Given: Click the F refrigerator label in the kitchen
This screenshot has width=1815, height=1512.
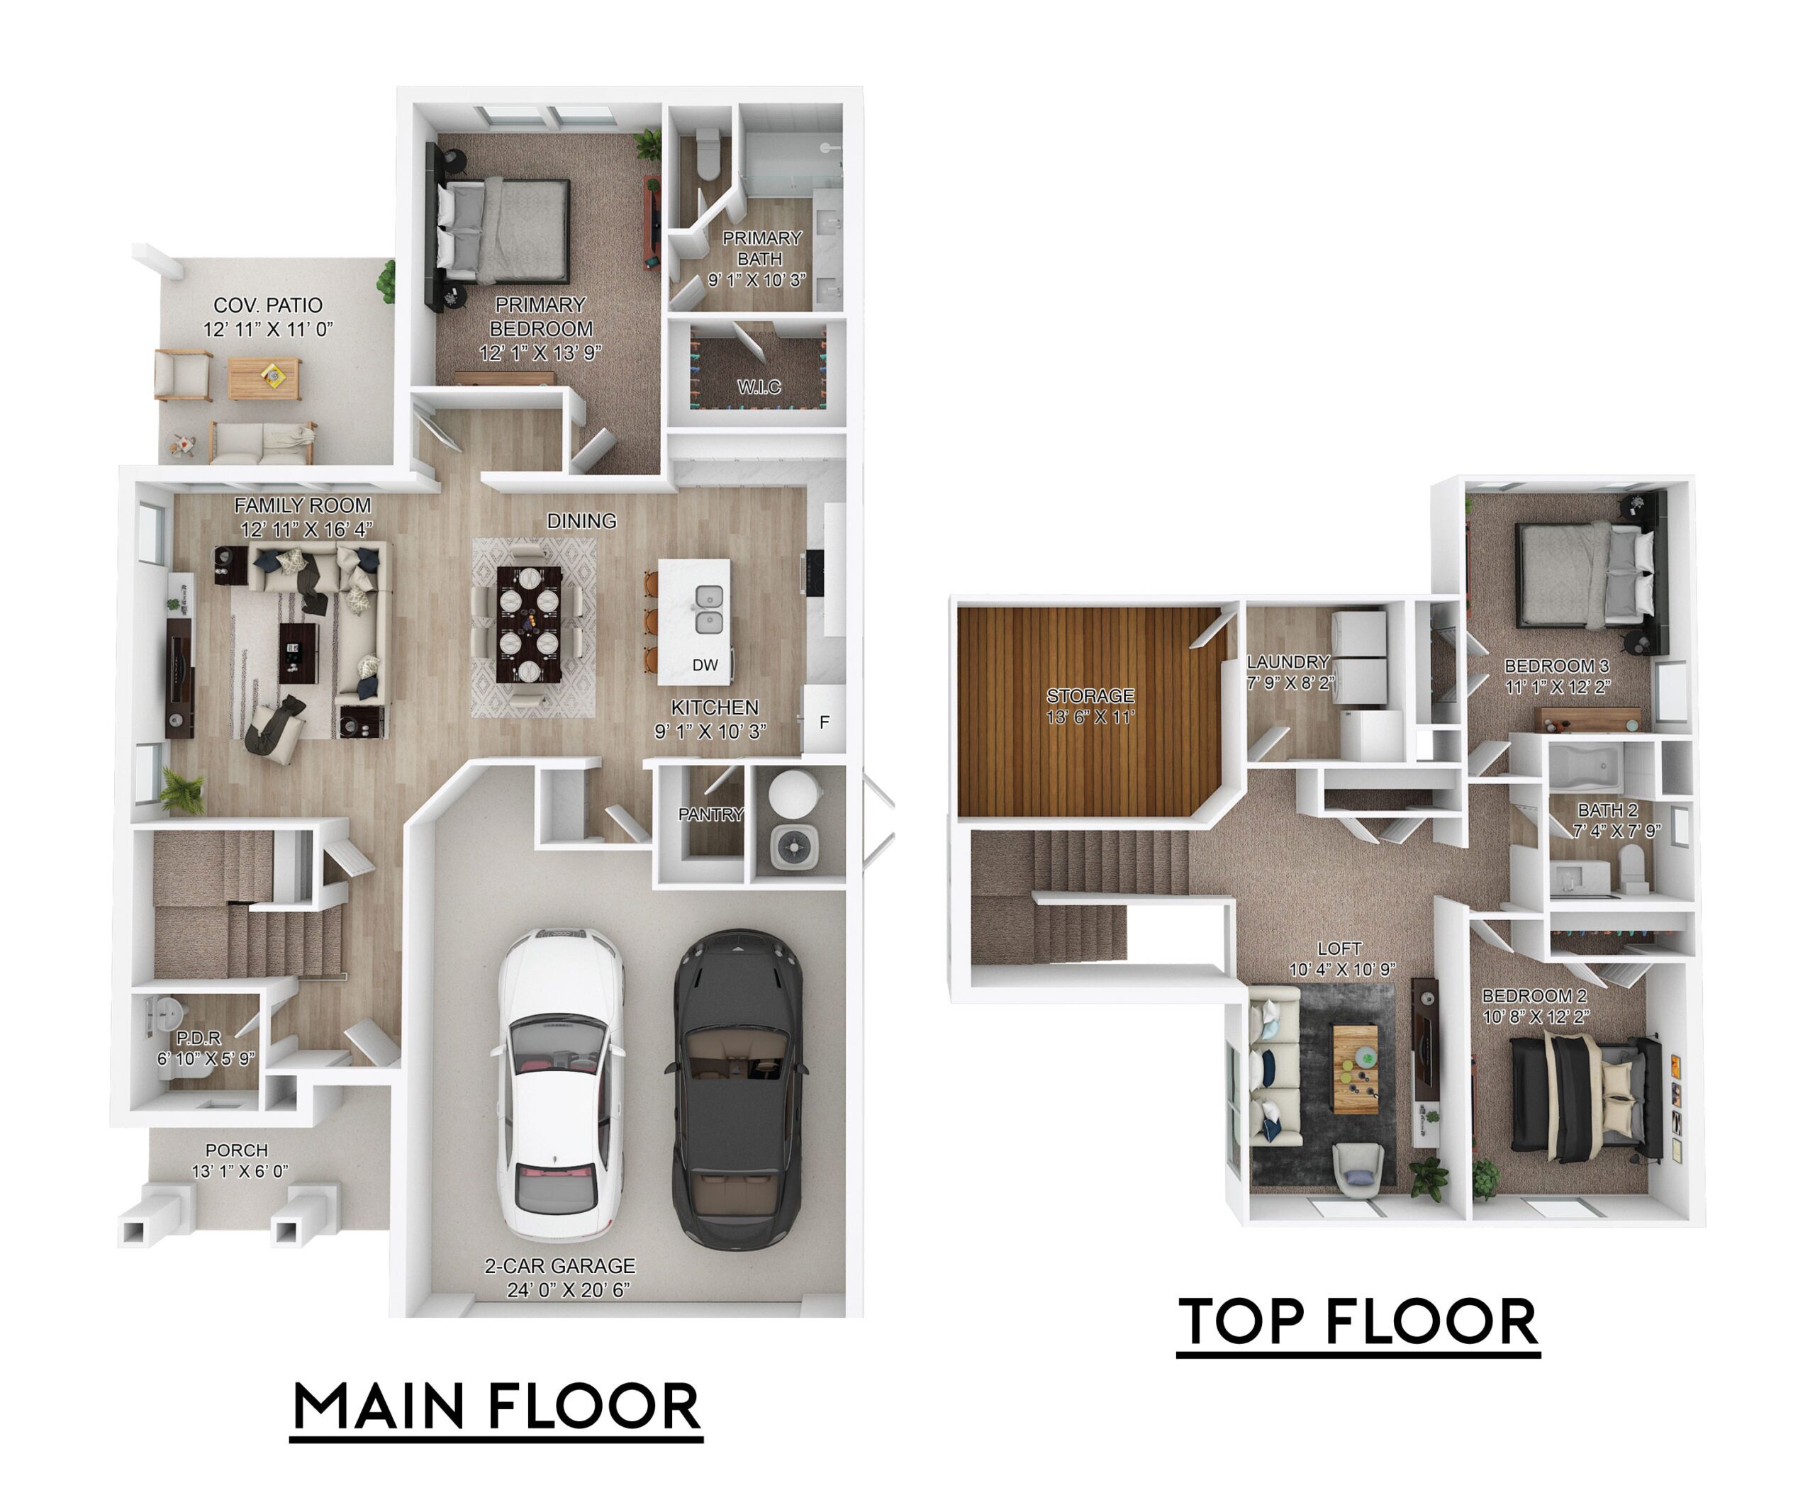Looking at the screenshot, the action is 825,722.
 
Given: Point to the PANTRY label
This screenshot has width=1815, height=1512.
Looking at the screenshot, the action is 710,814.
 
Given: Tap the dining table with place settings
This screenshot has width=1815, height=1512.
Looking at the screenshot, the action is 529,624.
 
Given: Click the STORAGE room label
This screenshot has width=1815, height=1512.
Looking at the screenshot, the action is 1090,695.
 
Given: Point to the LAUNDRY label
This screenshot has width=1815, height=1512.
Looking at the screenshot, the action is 1288,662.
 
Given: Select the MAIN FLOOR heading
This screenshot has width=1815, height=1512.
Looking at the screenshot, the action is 496,1406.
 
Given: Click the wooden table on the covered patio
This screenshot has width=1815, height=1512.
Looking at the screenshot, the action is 264,379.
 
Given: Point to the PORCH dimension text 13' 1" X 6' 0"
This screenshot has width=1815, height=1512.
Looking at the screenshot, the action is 240,1172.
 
